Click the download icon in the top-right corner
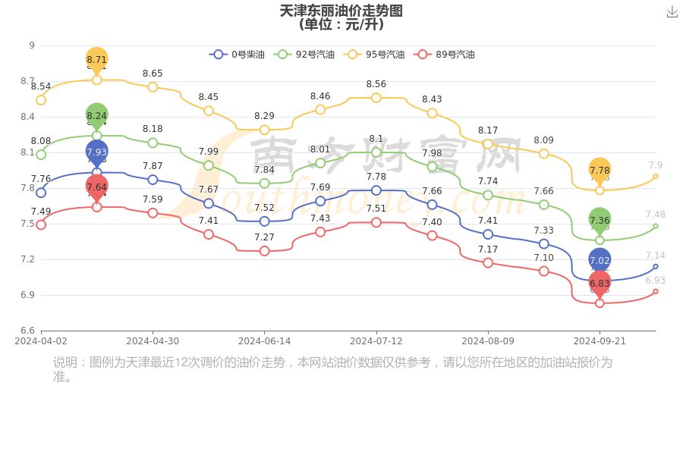coord(672,11)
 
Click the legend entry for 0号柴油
coord(237,55)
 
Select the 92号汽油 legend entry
coord(304,55)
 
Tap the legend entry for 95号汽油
coord(374,55)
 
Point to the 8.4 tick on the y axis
coord(27,117)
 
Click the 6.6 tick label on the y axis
coord(27,331)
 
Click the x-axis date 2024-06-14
coord(264,341)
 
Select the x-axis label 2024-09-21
coord(600,341)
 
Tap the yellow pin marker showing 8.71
coord(96,59)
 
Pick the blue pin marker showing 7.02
coord(600,260)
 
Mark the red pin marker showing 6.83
coord(600,283)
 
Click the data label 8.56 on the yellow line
coord(376,84)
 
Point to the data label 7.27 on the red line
coord(264,237)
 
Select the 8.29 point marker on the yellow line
coord(264,130)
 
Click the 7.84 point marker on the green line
coord(264,184)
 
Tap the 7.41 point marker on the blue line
coord(488,234)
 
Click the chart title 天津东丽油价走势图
coord(341,11)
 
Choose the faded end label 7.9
coord(656,165)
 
